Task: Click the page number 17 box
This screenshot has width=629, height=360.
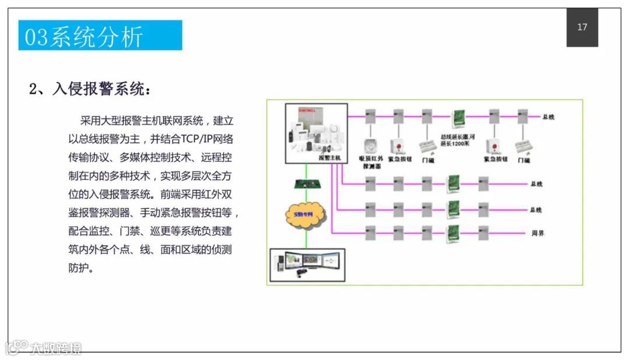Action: (x=582, y=27)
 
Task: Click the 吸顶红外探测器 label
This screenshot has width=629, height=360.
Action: (x=371, y=161)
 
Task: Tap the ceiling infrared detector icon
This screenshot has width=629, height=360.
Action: (x=369, y=145)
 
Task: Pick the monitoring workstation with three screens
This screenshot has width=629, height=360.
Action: (x=308, y=264)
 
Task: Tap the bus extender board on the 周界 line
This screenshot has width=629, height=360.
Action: (x=453, y=232)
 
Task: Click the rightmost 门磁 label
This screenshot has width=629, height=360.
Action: (x=522, y=160)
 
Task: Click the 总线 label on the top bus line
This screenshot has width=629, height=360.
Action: (x=548, y=117)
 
